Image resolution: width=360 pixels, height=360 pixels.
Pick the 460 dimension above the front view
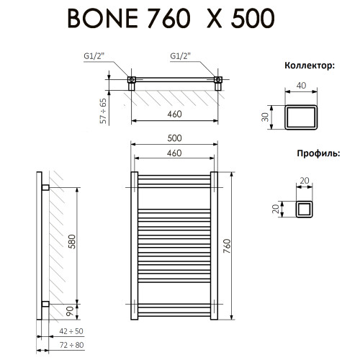click(x=174, y=153)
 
